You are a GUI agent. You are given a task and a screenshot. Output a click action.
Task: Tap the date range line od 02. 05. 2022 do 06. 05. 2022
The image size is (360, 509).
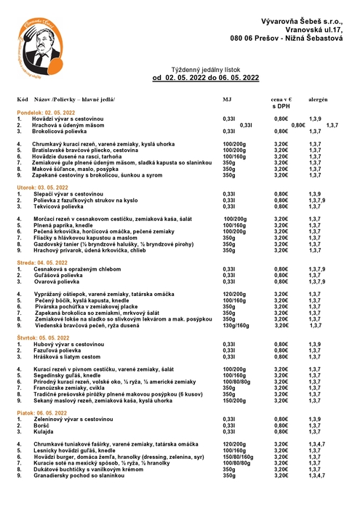point(206,76)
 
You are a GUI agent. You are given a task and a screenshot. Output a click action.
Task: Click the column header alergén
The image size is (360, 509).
point(317,97)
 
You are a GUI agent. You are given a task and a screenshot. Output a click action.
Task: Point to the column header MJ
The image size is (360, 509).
point(227,97)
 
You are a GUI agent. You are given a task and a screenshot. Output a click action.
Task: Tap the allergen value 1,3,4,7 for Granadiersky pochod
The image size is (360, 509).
point(318,476)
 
